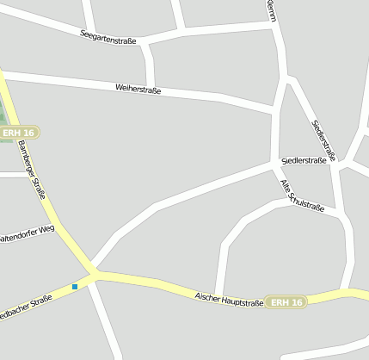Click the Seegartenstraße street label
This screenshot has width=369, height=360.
pos(108,36)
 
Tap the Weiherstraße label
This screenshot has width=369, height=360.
pos(138,88)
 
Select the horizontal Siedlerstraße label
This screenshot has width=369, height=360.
pos(304,160)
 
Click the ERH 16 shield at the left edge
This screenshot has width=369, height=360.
pos(19,133)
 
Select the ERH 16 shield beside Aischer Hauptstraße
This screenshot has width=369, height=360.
pos(285,302)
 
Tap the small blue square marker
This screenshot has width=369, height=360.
pos(75,286)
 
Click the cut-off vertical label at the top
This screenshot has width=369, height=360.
pos(273,11)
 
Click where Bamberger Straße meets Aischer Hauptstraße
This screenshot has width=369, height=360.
pos(95,274)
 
